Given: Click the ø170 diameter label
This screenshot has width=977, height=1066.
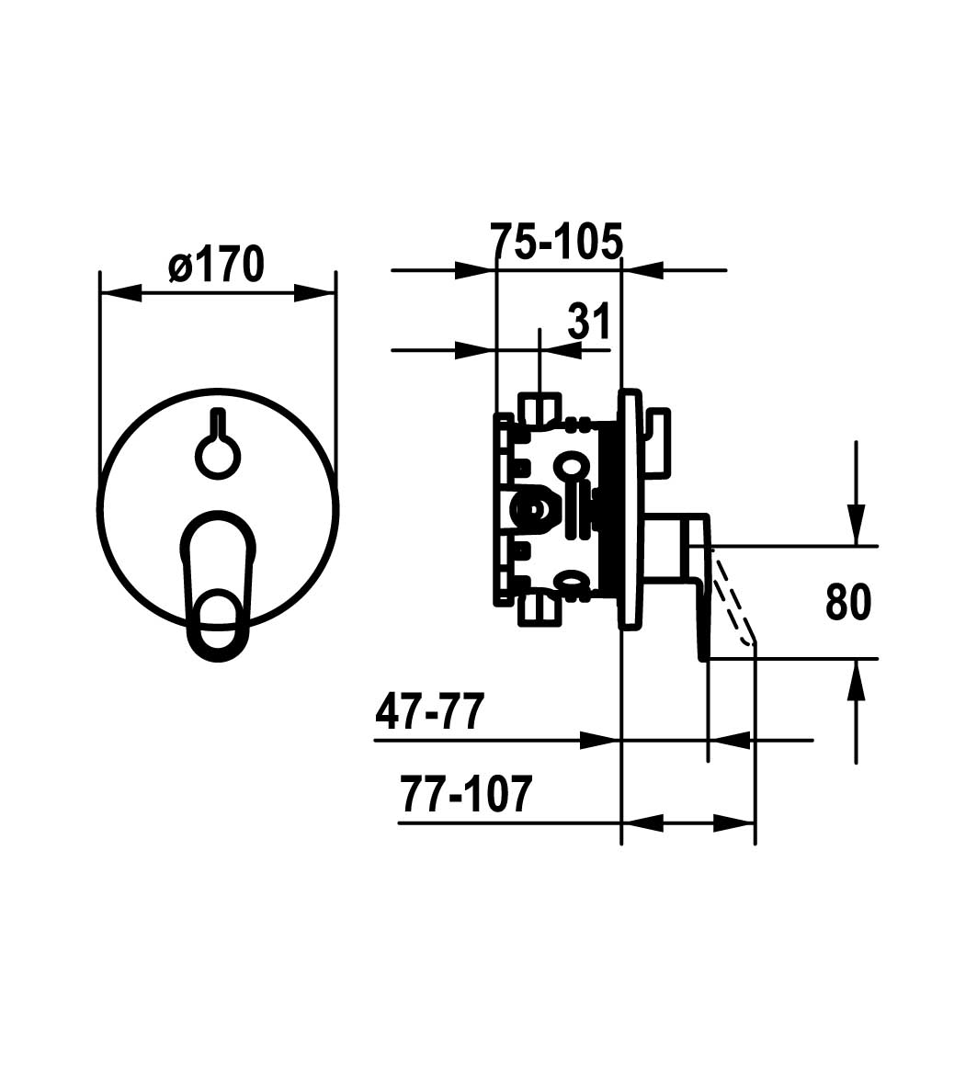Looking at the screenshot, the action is tap(216, 265).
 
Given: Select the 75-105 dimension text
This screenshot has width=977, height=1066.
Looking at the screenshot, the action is tap(556, 241).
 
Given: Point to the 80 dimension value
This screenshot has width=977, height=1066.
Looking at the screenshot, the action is tap(847, 602).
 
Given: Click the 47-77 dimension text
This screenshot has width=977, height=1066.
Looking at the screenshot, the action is tap(430, 712).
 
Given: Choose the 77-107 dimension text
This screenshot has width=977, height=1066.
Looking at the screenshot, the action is tap(466, 794).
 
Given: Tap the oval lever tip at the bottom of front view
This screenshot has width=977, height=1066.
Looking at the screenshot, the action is tap(218, 625).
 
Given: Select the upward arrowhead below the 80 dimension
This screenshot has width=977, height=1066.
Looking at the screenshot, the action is tap(857, 681).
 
